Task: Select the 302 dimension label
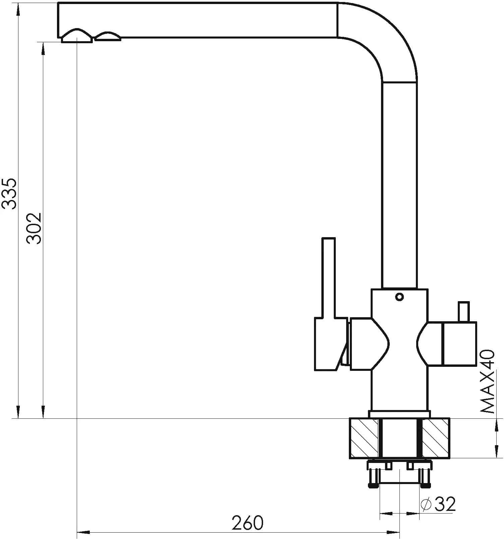pos(34,228)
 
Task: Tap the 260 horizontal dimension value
pos(248,523)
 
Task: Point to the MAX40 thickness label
pos(487,381)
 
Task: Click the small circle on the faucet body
pos(399,296)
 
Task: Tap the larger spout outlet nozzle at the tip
pos(77,36)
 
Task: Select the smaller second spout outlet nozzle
pos(108,36)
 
